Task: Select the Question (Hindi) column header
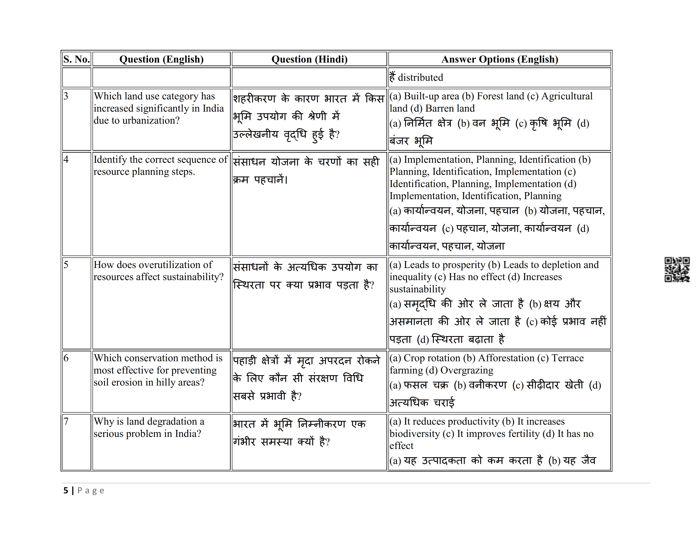tap(309, 59)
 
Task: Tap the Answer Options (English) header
tap(500, 59)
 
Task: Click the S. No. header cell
tap(77, 59)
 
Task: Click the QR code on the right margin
tap(677, 270)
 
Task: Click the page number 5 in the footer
tap(66, 490)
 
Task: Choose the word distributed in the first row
tap(420, 78)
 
